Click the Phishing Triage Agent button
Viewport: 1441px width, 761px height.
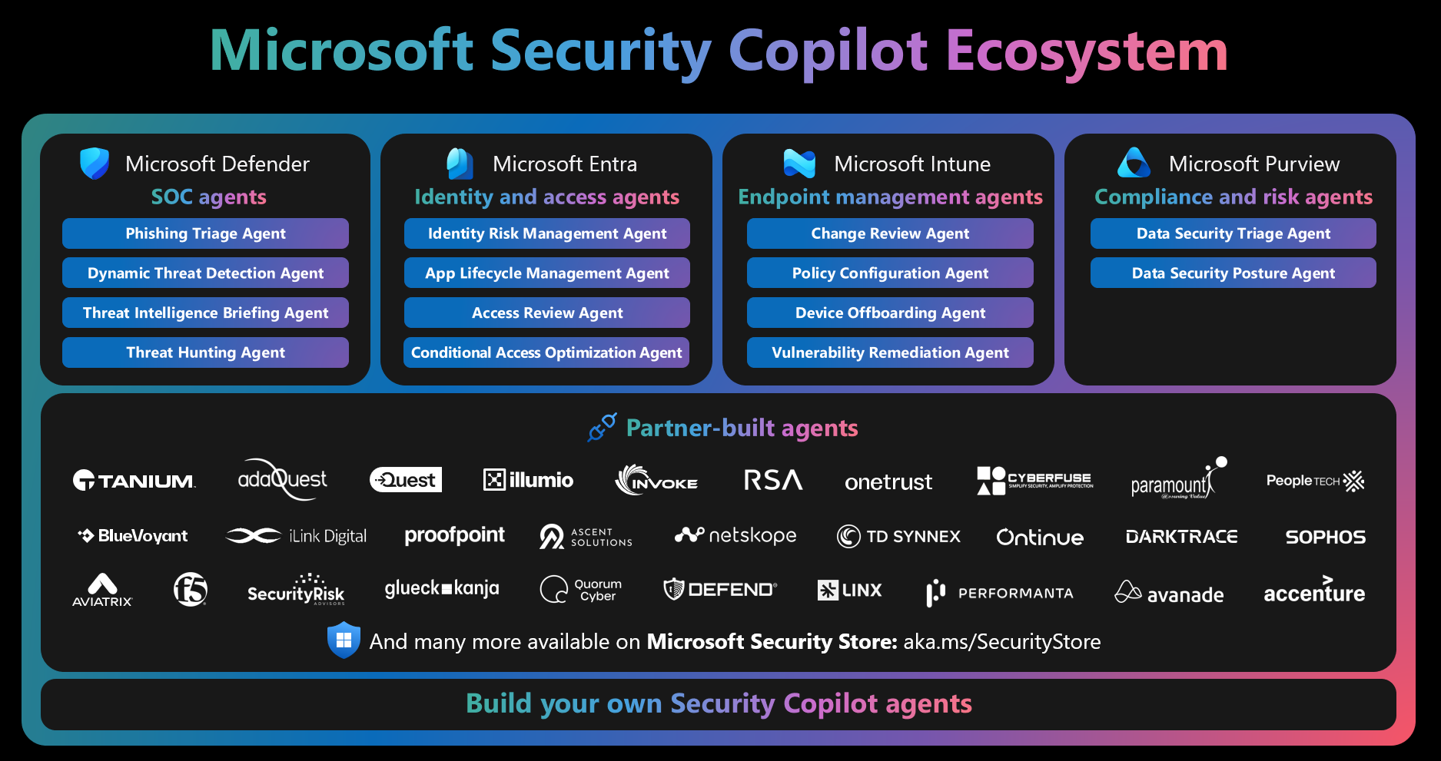tap(205, 233)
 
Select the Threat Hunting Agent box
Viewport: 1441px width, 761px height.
tap(205, 352)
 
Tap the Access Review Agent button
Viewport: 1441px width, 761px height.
tap(546, 313)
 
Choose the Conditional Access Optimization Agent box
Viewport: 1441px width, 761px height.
tap(546, 352)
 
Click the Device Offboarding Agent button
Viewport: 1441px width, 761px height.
tap(889, 313)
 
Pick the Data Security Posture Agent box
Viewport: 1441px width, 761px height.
tap(1233, 273)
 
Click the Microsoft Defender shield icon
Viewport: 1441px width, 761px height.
tap(95, 164)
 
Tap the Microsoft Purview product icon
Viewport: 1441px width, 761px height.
tap(1134, 163)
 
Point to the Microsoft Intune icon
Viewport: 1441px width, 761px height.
tap(799, 164)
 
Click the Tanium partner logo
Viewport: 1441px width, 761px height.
tap(134, 481)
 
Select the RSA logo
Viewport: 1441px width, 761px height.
tap(772, 481)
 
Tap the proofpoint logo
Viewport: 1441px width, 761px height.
tap(454, 536)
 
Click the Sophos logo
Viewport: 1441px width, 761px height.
tap(1325, 537)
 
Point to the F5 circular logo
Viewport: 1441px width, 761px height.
tap(191, 590)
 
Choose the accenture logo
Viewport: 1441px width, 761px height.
tap(1314, 591)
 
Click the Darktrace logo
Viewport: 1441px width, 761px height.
tap(1181, 537)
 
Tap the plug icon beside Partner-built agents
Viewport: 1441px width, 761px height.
tap(602, 427)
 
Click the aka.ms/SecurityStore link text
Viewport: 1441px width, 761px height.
tap(1001, 642)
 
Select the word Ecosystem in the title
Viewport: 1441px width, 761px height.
tap(1087, 51)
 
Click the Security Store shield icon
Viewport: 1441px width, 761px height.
tap(344, 640)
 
